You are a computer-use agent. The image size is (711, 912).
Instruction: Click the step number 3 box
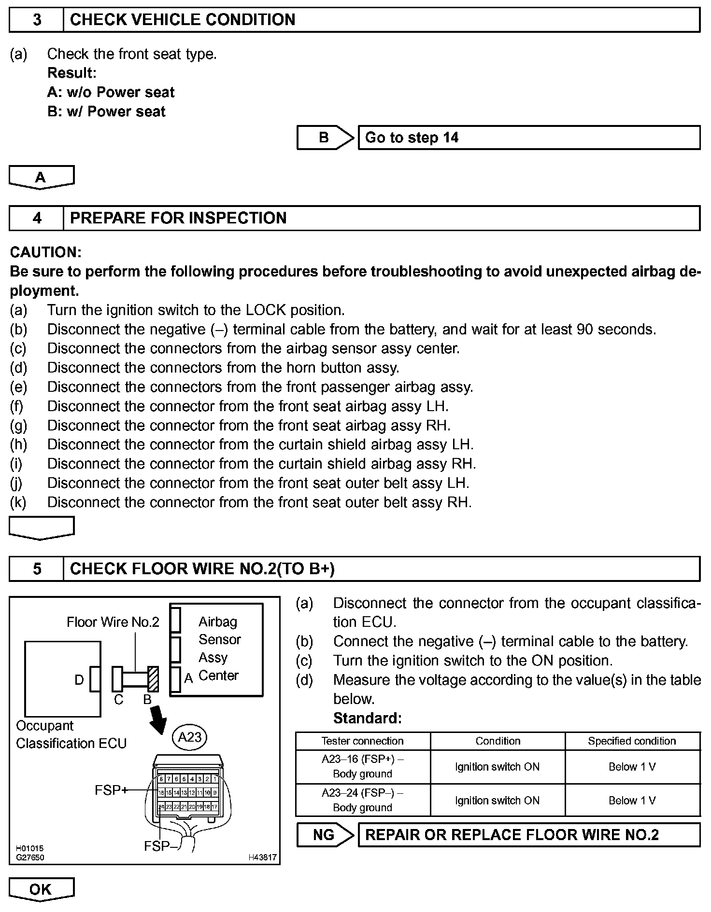pos(37,20)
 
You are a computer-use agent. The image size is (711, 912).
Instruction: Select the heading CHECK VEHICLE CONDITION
pos(183,20)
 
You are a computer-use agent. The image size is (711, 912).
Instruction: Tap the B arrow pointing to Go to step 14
pos(325,138)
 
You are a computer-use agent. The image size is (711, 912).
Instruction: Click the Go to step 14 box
pos(528,138)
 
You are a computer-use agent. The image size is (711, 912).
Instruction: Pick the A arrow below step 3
pos(41,177)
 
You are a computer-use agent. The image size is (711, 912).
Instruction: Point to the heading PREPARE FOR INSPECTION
pos(178,218)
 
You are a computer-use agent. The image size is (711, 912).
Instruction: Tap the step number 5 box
pos(37,569)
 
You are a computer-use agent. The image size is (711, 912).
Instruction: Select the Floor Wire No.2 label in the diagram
pos(113,622)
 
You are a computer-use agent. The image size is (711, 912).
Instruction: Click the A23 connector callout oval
pos(190,737)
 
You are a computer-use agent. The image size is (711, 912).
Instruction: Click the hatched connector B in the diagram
pos(153,679)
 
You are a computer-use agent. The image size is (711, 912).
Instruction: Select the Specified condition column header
pos(632,741)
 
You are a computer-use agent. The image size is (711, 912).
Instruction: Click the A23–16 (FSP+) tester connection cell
pos(363,767)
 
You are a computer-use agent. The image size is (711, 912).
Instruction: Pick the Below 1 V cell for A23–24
pos(632,801)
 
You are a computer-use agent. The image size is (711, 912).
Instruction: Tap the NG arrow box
pos(325,835)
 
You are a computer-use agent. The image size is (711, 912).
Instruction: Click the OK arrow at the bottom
pos(41,889)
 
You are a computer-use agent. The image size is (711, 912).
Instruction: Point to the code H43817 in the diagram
pos(262,857)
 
